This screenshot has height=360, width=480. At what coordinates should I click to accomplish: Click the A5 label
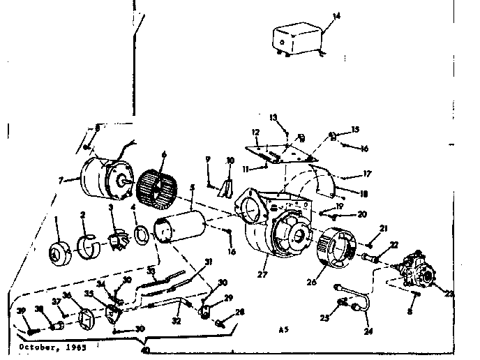click(x=282, y=328)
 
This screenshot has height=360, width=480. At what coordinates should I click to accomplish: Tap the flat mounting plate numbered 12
click(x=278, y=152)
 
